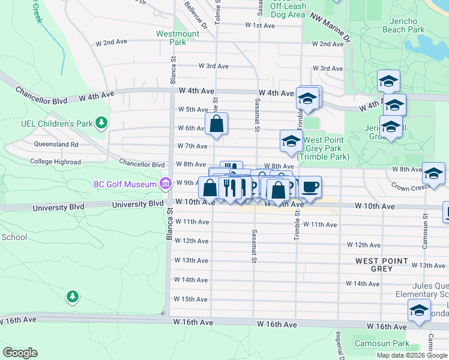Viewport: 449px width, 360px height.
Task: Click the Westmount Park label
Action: click(178, 38)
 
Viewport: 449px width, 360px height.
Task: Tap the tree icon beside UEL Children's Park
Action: click(102, 123)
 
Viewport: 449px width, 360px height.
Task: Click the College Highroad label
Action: click(55, 162)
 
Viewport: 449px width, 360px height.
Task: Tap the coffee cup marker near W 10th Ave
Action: click(310, 187)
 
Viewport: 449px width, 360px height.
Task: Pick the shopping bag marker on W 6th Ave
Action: click(217, 124)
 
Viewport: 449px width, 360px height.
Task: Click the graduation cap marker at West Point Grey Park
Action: click(291, 141)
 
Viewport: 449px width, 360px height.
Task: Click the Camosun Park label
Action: click(381, 344)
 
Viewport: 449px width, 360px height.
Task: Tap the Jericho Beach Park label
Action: click(403, 25)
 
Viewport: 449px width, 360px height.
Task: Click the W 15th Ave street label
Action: click(191, 299)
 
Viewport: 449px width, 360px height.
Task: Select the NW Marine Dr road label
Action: click(330, 28)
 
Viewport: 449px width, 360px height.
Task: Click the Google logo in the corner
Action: click(20, 353)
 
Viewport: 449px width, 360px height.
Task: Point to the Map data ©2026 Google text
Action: click(411, 355)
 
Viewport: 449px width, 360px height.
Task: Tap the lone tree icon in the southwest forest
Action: click(72, 296)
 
